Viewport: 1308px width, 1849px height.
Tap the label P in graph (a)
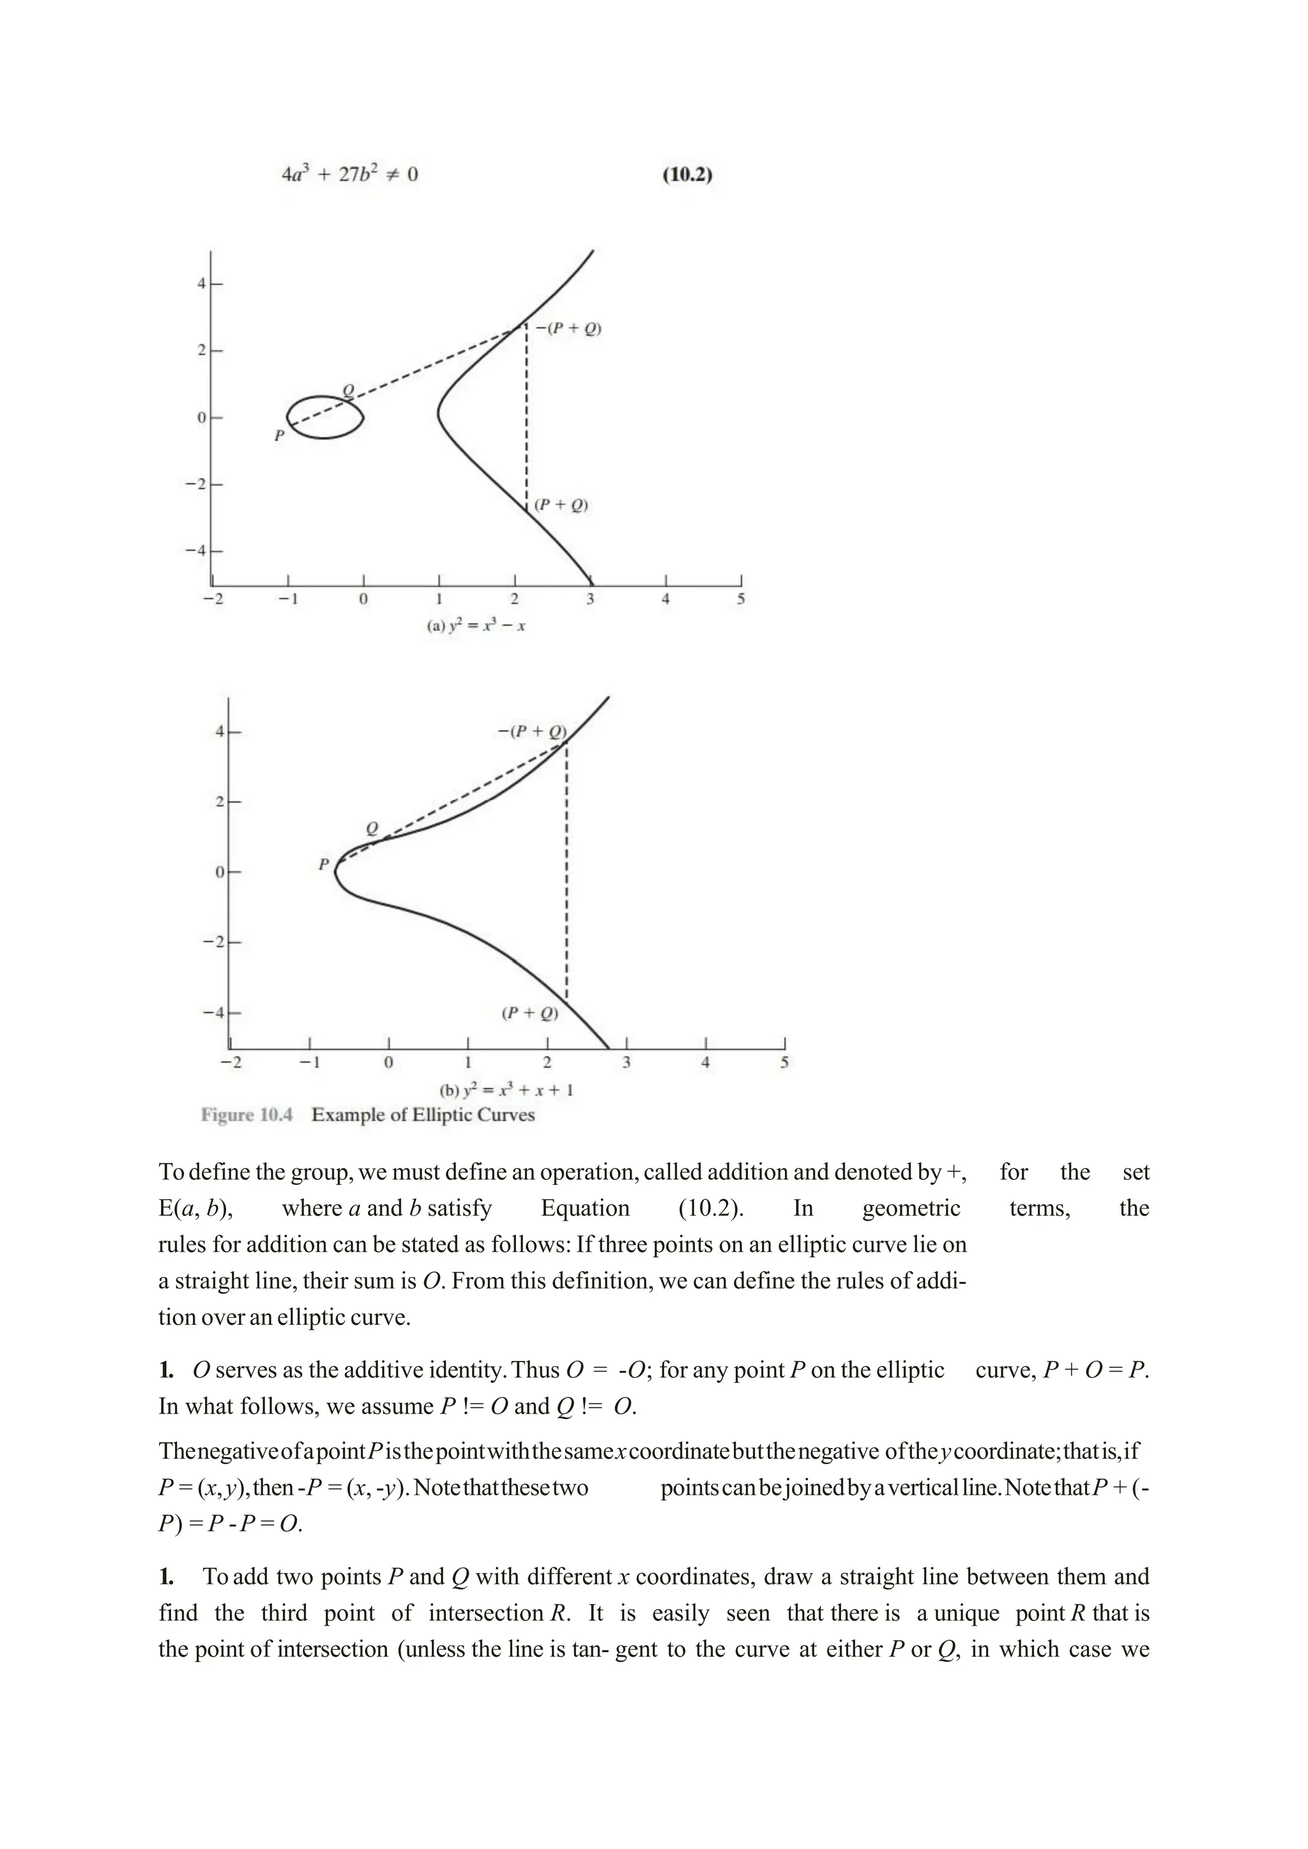[x=278, y=435]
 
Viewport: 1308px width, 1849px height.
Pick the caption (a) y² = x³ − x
[x=475, y=626]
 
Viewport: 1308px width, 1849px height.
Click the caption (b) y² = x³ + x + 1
[x=506, y=1091]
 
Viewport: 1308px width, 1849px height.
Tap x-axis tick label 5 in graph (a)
[x=741, y=599]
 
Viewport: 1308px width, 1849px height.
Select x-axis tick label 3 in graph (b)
[x=627, y=1062]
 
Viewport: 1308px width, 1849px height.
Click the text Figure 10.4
[x=247, y=1115]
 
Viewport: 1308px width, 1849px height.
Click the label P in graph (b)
[x=324, y=864]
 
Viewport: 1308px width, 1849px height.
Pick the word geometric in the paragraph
[x=911, y=1208]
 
